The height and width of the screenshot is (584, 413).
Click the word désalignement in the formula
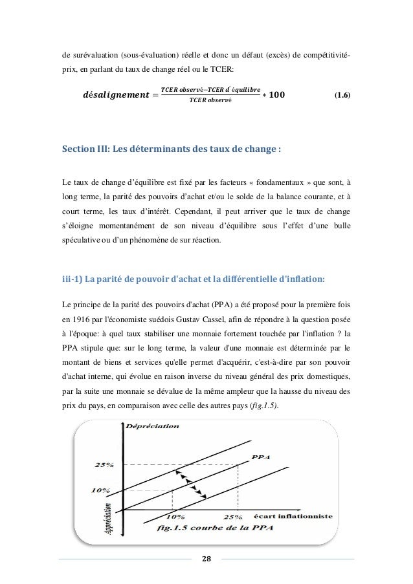[x=111, y=96]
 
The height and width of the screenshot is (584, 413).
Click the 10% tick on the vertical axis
[x=100, y=490]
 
